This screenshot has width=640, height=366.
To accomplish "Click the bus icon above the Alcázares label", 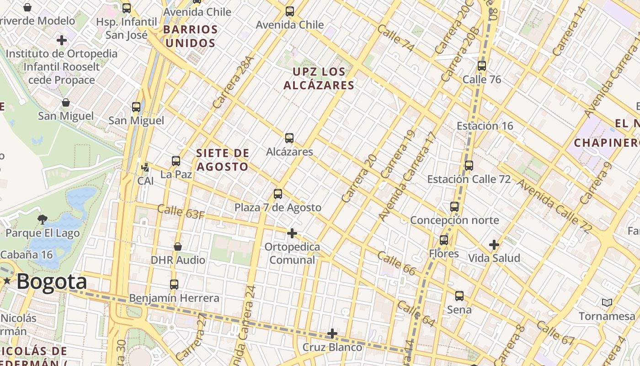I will [x=289, y=138].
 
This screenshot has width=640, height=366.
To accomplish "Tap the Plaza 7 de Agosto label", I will [x=277, y=207].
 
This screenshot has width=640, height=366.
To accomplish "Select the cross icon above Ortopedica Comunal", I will [x=292, y=234].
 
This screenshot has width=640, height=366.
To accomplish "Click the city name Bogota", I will [x=52, y=282].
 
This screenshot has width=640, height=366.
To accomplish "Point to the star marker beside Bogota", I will [x=7, y=281].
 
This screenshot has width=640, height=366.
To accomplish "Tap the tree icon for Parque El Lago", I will [x=43, y=220].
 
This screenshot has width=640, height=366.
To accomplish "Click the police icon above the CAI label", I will [x=145, y=167].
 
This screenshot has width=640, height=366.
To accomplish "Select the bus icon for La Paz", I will [x=176, y=161].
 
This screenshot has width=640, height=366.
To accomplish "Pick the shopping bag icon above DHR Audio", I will [x=178, y=247].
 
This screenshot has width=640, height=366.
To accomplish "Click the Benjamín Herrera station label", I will [x=174, y=298].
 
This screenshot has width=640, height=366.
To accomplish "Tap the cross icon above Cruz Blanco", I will [x=332, y=334].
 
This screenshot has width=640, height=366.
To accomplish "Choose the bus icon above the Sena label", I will [x=459, y=296].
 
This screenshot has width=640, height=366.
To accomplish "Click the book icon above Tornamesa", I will [x=607, y=302].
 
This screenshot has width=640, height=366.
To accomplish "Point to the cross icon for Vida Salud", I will [x=494, y=245].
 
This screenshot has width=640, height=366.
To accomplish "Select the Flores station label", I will [x=443, y=253].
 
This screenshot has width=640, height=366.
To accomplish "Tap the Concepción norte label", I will [x=454, y=220].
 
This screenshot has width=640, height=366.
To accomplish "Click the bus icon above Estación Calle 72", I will [x=469, y=166].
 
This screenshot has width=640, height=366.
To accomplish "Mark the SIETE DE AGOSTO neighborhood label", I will [x=223, y=160].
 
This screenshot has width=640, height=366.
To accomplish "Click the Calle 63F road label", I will [x=180, y=212].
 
